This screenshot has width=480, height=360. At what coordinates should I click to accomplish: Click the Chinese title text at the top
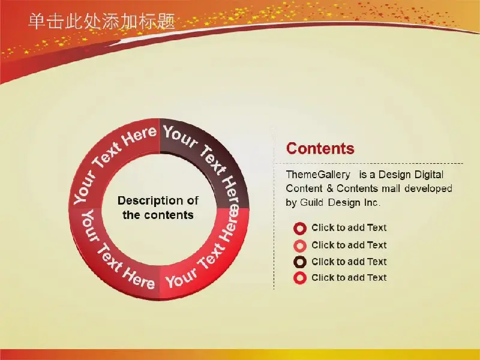click(x=101, y=22)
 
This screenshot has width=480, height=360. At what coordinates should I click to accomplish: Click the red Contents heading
click(x=320, y=148)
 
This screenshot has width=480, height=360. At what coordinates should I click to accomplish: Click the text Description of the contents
click(x=158, y=208)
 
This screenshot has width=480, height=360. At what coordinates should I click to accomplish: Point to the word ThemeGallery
click(x=318, y=175)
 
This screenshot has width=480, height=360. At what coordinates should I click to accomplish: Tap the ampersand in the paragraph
click(x=329, y=188)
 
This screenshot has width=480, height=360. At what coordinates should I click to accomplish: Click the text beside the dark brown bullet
click(x=349, y=262)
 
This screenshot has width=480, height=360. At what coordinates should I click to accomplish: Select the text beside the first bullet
click(x=349, y=228)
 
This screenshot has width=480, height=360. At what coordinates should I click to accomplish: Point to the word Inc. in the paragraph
click(x=372, y=202)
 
